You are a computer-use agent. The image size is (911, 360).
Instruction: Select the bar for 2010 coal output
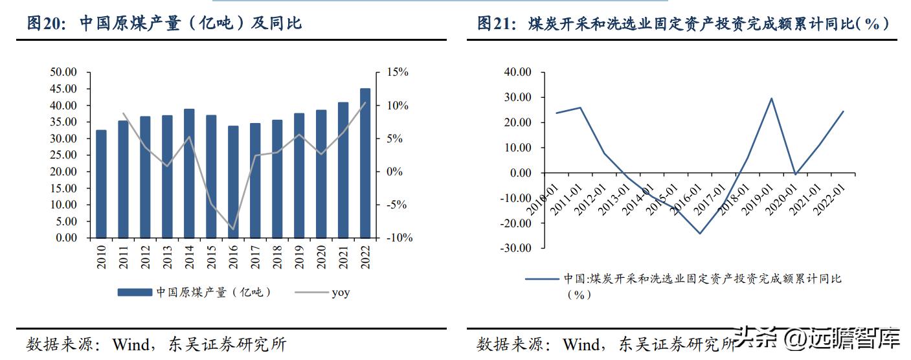[x=101, y=184]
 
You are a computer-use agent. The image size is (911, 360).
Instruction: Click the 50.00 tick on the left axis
[x=63, y=72]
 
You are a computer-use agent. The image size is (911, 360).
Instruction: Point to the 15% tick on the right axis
[x=398, y=72]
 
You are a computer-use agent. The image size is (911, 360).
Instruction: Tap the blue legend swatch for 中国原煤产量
[x=135, y=293]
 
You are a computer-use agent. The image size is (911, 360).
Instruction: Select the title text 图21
[x=495, y=23]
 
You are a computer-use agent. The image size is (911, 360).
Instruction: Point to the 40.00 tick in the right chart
[x=516, y=72]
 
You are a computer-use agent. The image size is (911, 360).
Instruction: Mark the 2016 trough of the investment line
[x=700, y=233]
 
